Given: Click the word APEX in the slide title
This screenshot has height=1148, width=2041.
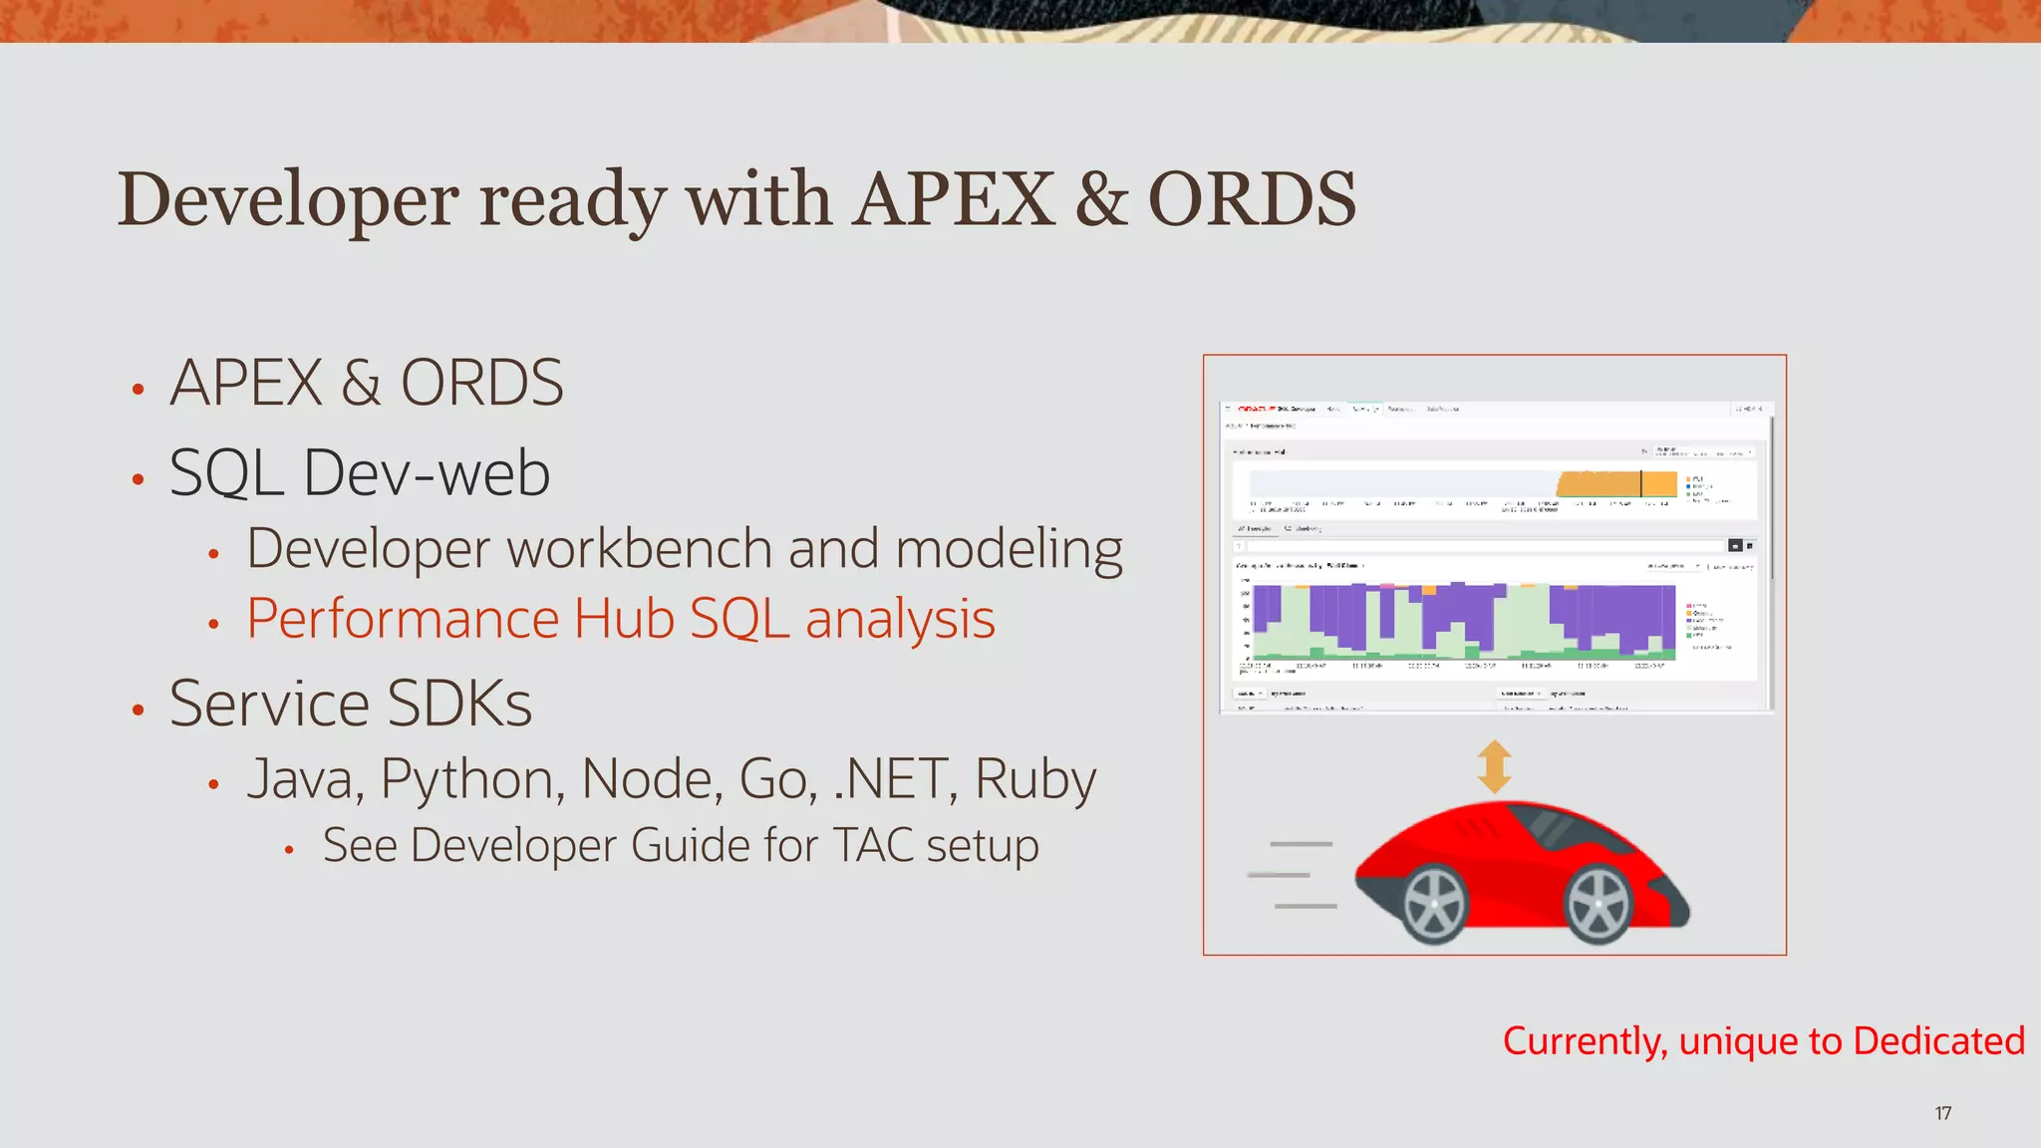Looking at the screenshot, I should [955, 199].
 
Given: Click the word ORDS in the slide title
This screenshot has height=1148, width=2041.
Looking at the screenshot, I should [1252, 199].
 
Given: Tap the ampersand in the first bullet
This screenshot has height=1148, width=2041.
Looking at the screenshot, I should [361, 384].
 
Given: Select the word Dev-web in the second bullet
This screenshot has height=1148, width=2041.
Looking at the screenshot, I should [427, 473].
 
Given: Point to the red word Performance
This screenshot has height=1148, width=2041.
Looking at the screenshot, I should [402, 620].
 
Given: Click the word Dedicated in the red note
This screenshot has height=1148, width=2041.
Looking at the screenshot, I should [1938, 1041].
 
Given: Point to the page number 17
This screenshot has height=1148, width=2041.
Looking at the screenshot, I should [1942, 1113].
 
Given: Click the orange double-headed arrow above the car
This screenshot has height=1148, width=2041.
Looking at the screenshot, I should [1494, 766].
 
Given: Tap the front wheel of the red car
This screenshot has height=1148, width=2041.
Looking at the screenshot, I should [1598, 904].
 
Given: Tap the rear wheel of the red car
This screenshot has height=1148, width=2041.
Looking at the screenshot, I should [1435, 904].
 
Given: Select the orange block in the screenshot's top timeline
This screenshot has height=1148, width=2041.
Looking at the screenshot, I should [1615, 484].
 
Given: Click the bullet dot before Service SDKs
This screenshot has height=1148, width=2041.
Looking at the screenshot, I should [139, 710].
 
